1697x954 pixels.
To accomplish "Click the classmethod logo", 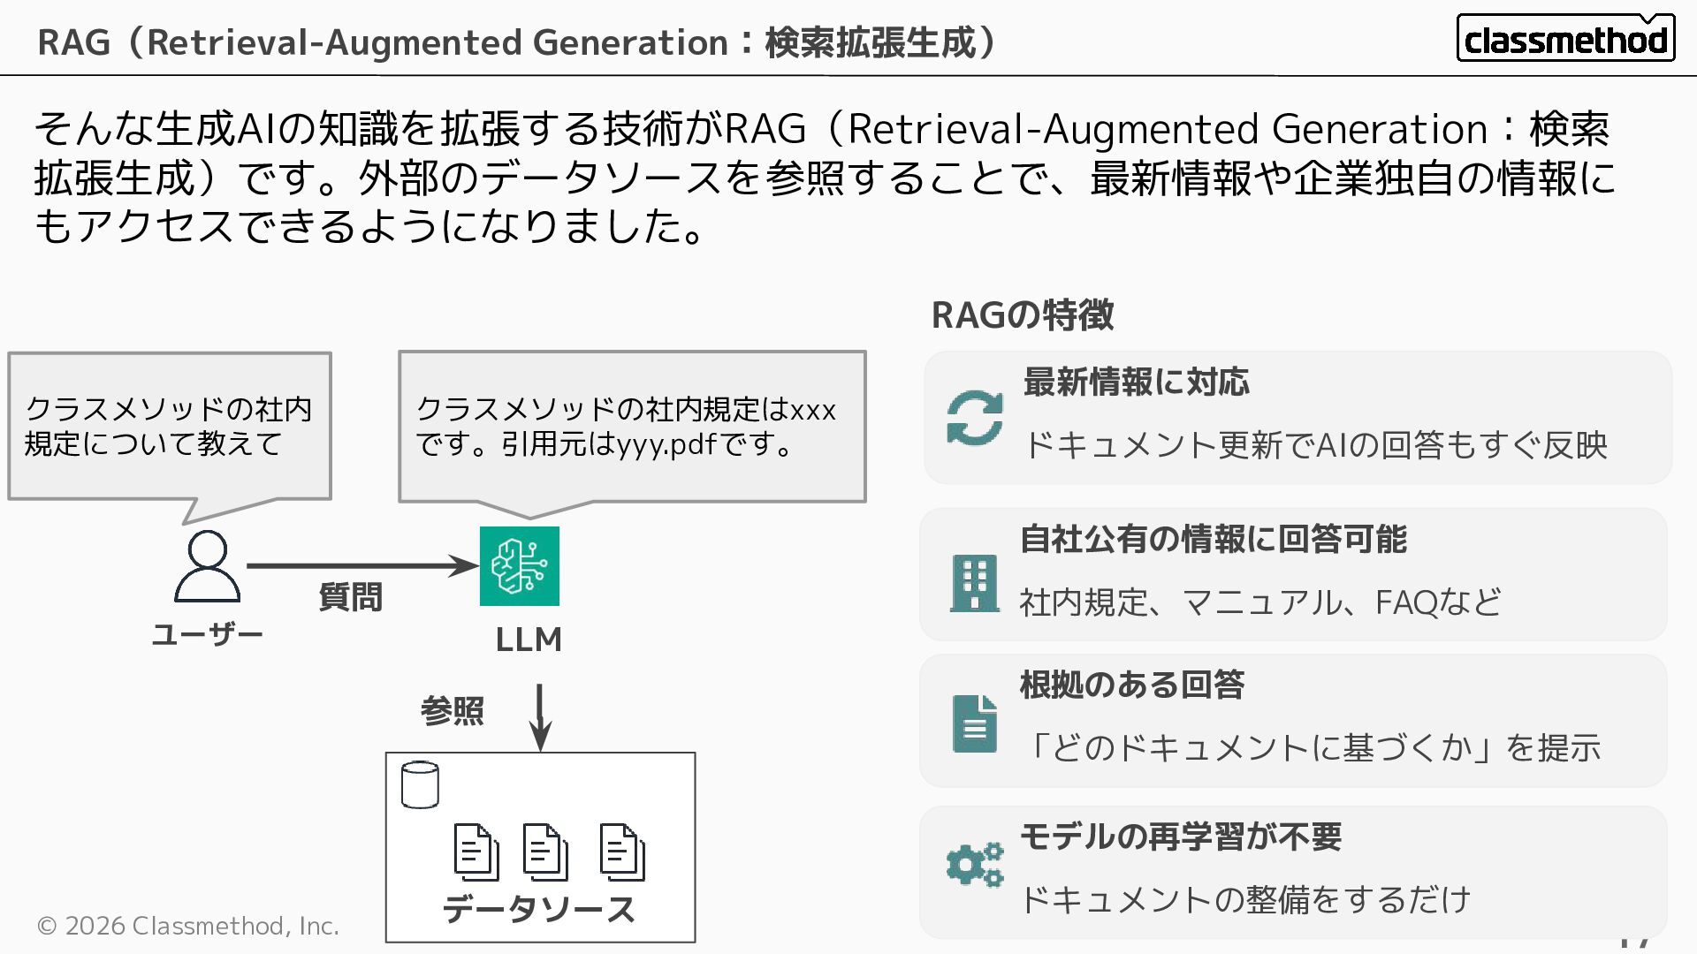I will tap(1564, 39).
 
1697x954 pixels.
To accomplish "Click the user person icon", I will tap(207, 566).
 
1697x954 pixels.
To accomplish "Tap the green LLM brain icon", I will tap(519, 566).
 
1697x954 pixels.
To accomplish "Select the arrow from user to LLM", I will tap(361, 565).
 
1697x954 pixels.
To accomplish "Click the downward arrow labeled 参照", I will tap(539, 716).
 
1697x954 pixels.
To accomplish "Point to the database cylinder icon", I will tap(420, 784).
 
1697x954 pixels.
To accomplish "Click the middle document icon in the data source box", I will tap(544, 852).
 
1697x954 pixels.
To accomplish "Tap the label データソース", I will tap(539, 909).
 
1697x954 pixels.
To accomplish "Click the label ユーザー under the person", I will tap(207, 634).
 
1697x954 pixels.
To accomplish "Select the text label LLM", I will tap(529, 640).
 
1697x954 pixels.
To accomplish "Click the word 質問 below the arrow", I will tap(350, 597).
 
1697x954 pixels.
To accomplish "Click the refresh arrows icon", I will tap(974, 418).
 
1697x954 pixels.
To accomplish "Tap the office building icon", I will tap(974, 583).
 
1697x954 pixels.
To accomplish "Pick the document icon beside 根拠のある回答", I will tap(974, 723).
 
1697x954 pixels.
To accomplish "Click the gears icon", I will tap(974, 864).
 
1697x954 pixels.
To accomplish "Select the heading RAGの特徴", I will tap(1023, 315).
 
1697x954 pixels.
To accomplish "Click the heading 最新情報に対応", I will tap(1136, 382).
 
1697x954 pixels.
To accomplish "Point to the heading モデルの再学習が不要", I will tap(1181, 837).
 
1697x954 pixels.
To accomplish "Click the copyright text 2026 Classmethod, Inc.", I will tap(188, 926).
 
